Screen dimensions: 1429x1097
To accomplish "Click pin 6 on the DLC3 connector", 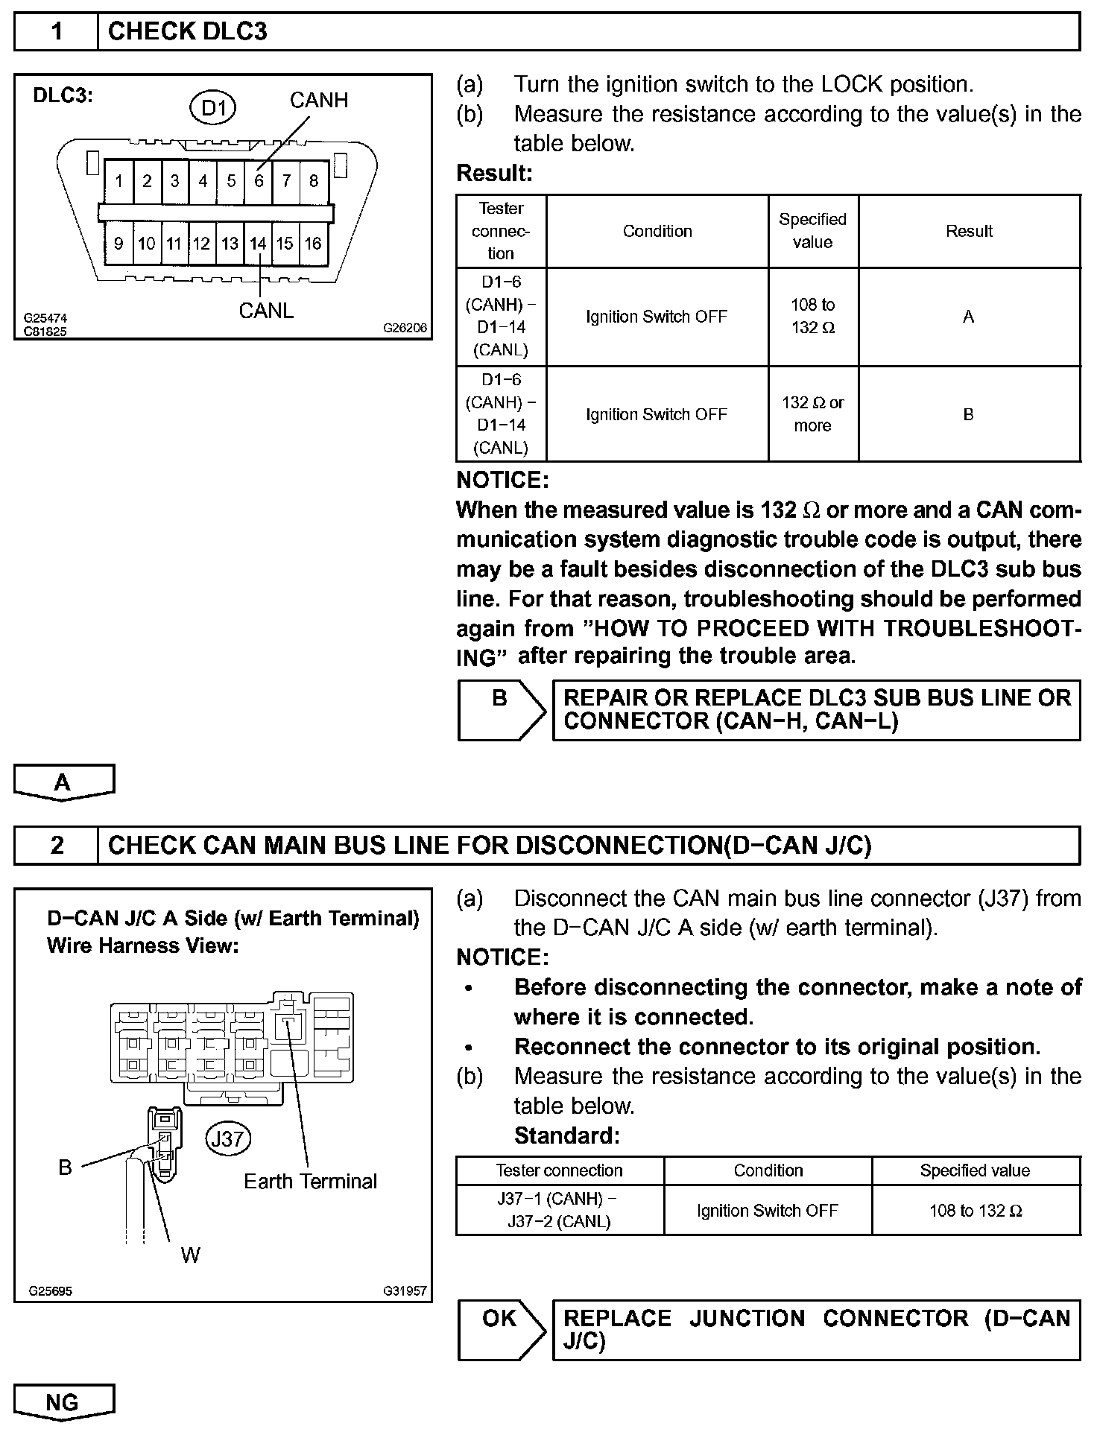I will click(x=259, y=181).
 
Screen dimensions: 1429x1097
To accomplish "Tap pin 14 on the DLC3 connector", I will click(x=258, y=244).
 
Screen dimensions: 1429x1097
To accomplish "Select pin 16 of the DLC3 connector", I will click(x=313, y=244).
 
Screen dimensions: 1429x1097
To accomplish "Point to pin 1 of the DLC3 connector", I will click(x=118, y=181).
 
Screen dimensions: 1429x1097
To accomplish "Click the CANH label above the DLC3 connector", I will click(x=319, y=100).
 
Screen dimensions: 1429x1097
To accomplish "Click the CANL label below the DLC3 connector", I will click(x=266, y=311).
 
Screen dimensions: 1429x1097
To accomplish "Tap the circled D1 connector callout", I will click(x=214, y=108).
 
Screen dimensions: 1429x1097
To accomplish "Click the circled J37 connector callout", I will click(x=228, y=1139).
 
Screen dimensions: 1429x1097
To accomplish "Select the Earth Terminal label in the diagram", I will click(x=311, y=1182).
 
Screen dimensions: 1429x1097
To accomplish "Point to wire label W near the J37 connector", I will click(x=191, y=1255).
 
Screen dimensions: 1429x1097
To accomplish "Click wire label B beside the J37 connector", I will click(x=66, y=1167).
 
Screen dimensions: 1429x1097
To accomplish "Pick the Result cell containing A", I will click(x=969, y=317).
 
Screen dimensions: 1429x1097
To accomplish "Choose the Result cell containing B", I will click(x=969, y=414).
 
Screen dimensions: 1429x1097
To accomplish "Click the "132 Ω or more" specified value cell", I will click(x=813, y=414).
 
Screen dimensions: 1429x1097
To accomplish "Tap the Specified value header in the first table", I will click(x=813, y=231).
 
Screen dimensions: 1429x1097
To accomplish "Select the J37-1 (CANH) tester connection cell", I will click(x=560, y=1211).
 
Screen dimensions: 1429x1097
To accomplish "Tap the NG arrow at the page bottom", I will click(x=63, y=1403).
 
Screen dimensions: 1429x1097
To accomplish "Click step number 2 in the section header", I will click(x=57, y=846).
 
